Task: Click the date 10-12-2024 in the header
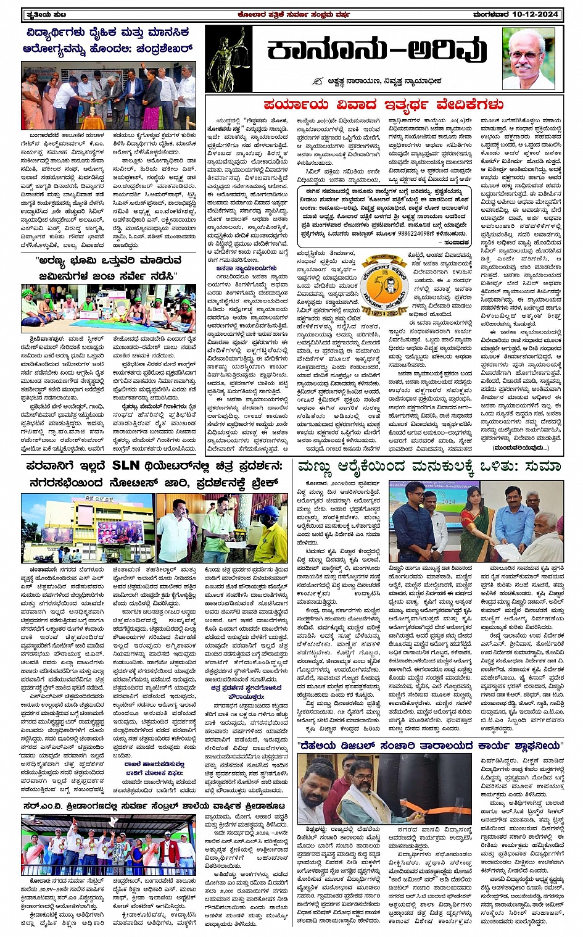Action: tap(537, 14)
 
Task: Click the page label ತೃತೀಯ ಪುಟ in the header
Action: tap(38, 14)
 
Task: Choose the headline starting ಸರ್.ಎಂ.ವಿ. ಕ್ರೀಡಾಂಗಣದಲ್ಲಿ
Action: tap(154, 806)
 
